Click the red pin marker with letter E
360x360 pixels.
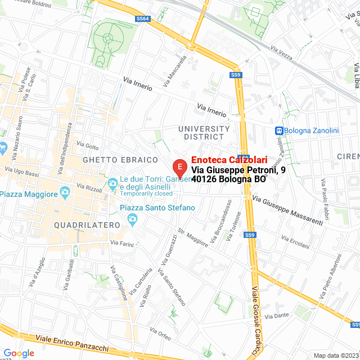coord(179,167)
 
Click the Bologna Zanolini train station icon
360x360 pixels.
coord(278,130)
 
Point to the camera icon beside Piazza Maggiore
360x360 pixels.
coord(65,193)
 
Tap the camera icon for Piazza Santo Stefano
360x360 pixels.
coord(133,219)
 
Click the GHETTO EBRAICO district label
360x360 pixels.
coord(120,160)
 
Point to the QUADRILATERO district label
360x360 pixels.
coord(87,225)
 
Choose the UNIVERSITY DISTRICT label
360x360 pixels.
coord(204,133)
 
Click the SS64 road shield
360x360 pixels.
coord(143,19)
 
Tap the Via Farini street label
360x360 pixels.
coord(122,244)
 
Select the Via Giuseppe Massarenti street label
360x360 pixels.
coord(288,210)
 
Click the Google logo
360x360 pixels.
coord(19,353)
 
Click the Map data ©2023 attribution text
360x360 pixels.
coord(336,355)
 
